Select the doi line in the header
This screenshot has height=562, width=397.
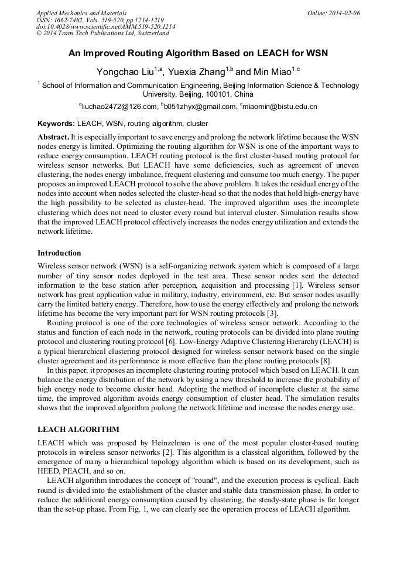[105, 26]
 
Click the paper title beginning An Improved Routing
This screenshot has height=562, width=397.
[198, 53]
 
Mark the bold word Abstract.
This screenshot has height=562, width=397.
[53, 136]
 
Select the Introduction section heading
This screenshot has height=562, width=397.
[59, 253]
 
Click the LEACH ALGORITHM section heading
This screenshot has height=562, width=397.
[78, 430]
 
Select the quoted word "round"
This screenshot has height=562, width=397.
[208, 481]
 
